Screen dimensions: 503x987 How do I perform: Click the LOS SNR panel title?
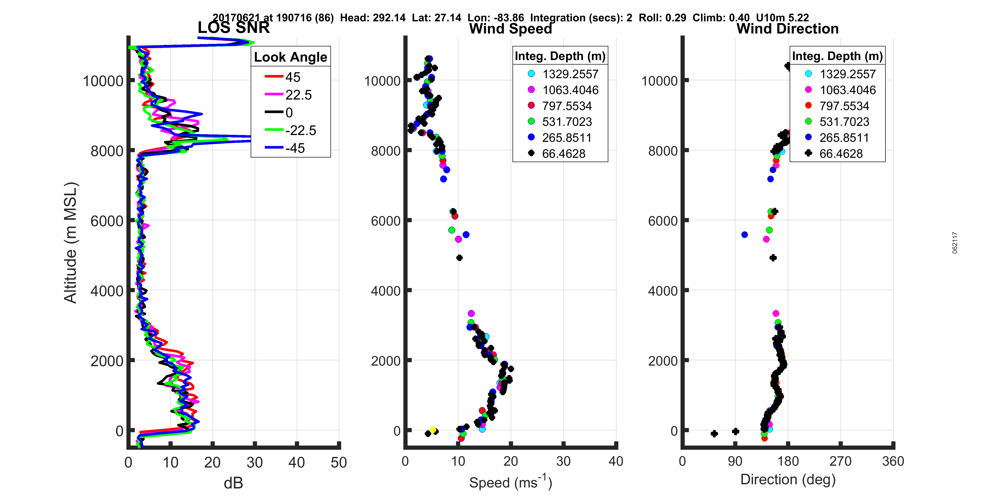(233, 28)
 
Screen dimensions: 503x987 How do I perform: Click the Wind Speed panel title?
(510, 29)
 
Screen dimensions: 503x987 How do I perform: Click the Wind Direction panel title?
(787, 29)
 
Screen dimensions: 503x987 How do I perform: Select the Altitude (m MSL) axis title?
(71, 243)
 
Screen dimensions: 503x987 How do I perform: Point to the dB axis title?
(233, 483)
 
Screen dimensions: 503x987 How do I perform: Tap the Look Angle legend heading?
(291, 57)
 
